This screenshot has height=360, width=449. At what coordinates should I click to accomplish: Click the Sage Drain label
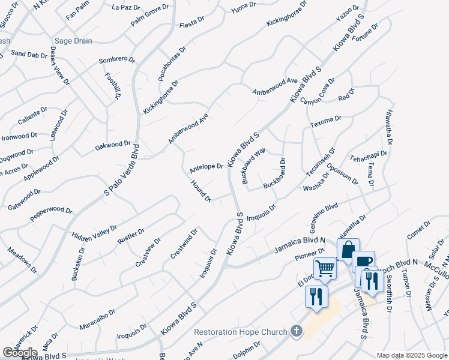pyautogui.click(x=74, y=41)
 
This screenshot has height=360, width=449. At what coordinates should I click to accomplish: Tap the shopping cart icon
pyautogui.click(x=325, y=268)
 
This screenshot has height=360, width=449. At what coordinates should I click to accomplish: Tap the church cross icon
pyautogui.click(x=296, y=331)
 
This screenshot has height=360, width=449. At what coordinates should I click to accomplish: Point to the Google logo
pyautogui.click(x=20, y=353)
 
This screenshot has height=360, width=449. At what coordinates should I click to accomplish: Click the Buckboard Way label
pyautogui.click(x=253, y=166)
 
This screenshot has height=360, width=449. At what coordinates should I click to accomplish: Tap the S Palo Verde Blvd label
pyautogui.click(x=122, y=170)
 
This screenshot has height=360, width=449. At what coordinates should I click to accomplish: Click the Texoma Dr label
pyautogui.click(x=325, y=122)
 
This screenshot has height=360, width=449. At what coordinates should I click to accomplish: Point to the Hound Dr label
pyautogui.click(x=200, y=191)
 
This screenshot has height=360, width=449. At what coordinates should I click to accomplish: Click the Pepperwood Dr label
pyautogui.click(x=50, y=214)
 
